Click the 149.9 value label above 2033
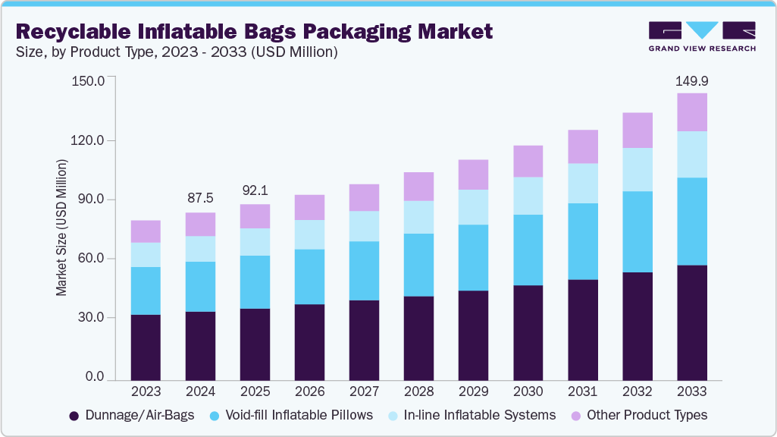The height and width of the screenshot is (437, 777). (691, 80)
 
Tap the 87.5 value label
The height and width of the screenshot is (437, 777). (200, 197)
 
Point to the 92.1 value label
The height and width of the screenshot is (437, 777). (255, 190)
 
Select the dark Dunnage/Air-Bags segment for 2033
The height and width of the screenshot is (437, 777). (691, 322)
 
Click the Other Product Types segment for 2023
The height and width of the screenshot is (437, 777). (146, 231)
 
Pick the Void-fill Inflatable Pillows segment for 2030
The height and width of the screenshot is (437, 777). (528, 250)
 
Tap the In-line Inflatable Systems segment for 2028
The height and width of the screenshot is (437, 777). (418, 217)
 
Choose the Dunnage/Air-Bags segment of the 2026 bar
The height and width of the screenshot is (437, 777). (309, 342)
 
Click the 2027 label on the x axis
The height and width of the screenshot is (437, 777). (364, 392)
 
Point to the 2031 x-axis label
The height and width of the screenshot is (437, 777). (582, 392)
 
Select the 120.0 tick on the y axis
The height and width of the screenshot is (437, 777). (89, 141)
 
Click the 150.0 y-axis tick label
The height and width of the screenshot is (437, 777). (89, 81)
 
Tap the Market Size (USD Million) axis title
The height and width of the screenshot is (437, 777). (61, 228)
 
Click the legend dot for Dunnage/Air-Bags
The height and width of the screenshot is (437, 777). (74, 416)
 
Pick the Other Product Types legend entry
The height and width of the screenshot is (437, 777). (641, 416)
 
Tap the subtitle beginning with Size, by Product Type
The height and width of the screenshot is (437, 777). (176, 52)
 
